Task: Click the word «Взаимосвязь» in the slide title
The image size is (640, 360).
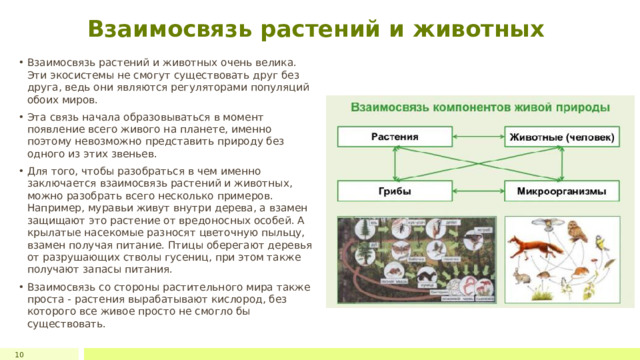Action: [165, 29]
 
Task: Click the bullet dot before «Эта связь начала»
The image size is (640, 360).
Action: [21, 115]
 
